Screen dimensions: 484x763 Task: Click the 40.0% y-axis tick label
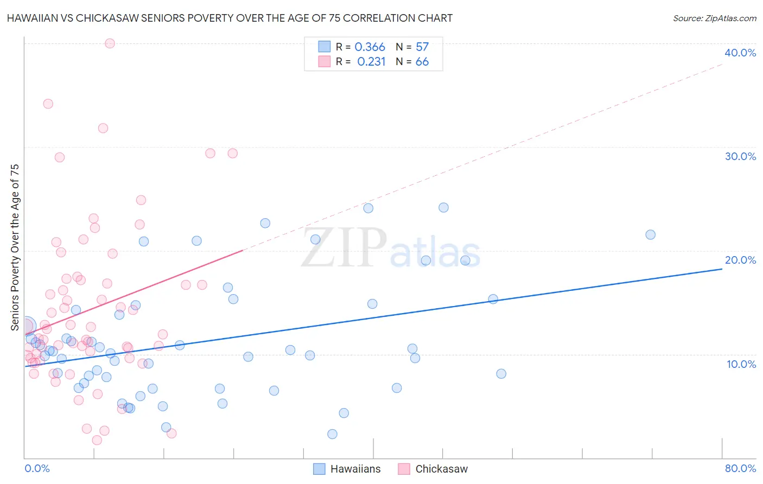[740, 53]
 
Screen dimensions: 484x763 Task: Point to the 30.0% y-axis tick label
[740, 156]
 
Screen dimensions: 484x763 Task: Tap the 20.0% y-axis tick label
[740, 260]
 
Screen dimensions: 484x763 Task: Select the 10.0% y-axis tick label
[741, 364]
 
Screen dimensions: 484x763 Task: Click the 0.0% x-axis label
[37, 468]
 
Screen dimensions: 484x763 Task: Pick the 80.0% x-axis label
[740, 468]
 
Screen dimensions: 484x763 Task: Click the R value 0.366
[370, 47]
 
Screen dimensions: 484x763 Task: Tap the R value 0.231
[371, 62]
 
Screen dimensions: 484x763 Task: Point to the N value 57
[422, 47]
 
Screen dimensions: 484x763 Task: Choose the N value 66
[422, 62]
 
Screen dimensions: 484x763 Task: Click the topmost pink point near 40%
[110, 43]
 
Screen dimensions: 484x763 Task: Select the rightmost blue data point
[650, 235]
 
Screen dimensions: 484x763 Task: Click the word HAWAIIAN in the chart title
[32, 18]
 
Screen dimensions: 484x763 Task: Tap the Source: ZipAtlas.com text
[714, 18]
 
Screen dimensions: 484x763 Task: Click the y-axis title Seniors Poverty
[15, 247]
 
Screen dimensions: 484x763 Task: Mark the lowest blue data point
[332, 434]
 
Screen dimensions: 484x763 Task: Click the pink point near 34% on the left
[48, 104]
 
